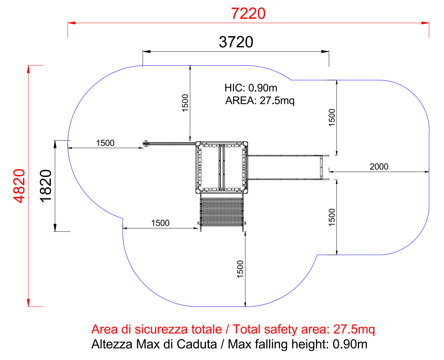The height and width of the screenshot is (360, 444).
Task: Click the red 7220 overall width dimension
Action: (x=248, y=14)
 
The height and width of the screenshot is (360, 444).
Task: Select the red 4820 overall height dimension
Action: (x=19, y=186)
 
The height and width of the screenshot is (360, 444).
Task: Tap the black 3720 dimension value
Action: (x=236, y=42)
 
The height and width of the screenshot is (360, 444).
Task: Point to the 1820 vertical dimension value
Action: (x=45, y=186)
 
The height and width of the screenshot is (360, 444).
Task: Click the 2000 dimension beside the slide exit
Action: (x=379, y=167)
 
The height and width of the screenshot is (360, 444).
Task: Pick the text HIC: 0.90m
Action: (x=251, y=88)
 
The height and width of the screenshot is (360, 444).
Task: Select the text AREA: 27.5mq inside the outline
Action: (x=260, y=100)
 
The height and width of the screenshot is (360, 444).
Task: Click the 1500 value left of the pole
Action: (x=105, y=143)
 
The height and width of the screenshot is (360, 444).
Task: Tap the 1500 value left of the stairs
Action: (x=160, y=223)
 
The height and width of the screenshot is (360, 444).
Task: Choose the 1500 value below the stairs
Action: (x=240, y=269)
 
